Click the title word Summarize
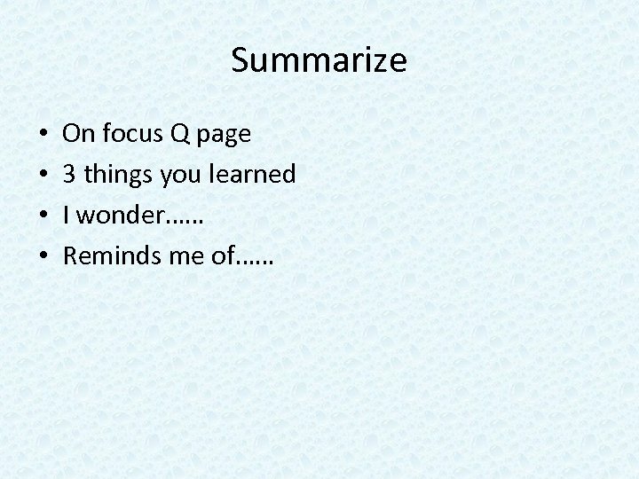click(x=319, y=61)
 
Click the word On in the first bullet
click(x=78, y=134)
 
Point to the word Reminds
click(x=106, y=257)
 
